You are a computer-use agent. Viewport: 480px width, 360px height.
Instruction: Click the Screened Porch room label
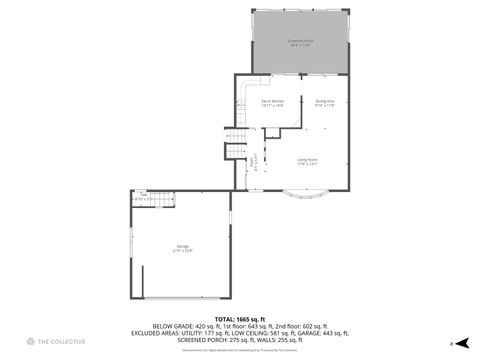click(x=300, y=43)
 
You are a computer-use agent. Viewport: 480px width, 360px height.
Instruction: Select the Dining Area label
click(x=323, y=102)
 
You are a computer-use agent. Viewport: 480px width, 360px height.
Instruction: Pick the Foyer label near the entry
click(x=252, y=161)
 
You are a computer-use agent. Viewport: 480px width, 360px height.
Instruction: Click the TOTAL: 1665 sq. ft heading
click(x=240, y=318)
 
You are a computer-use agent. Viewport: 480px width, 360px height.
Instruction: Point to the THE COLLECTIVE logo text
click(x=63, y=342)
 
